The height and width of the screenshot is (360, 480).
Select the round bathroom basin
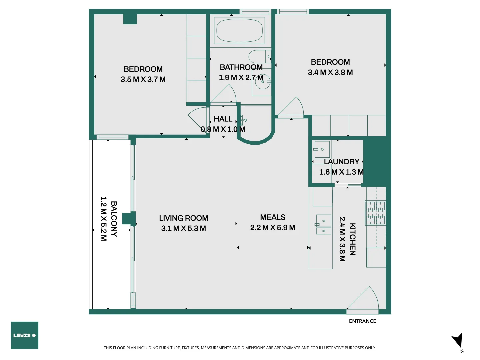point(262,82)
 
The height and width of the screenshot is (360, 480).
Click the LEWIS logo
point(24,335)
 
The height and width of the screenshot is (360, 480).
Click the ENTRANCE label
point(362,321)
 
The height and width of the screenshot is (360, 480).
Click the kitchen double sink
point(323,225)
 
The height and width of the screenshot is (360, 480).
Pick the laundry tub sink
point(322,149)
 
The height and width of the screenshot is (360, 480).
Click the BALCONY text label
point(114,219)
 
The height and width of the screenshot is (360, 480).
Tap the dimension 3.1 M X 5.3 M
point(183,228)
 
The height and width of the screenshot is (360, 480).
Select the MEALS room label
point(273,217)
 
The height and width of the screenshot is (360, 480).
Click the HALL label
point(223,119)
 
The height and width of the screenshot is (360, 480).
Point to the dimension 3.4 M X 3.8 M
point(330,72)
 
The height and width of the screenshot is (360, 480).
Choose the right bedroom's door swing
point(292,107)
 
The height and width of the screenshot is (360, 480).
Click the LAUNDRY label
point(341,162)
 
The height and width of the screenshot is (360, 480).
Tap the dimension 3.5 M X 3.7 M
point(143,79)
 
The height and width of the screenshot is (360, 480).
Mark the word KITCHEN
point(352,239)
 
